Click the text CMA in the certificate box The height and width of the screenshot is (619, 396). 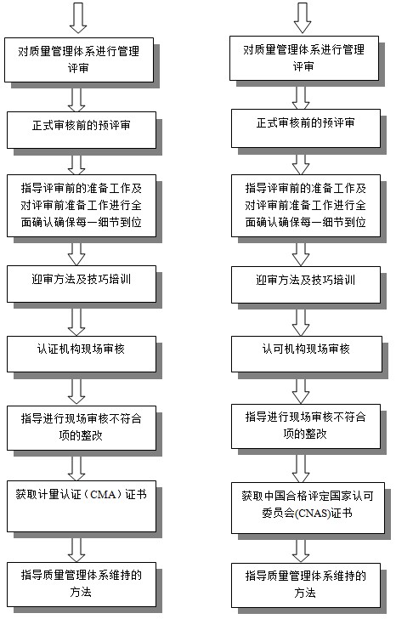pyautogui.click(x=103, y=494)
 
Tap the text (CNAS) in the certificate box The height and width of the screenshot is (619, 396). pyautogui.click(x=313, y=514)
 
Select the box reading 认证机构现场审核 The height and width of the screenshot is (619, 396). pyautogui.click(x=82, y=354)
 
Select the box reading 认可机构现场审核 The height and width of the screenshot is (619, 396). pyautogui.click(x=307, y=354)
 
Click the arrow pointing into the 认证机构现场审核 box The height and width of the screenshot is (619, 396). pyautogui.click(x=76, y=322)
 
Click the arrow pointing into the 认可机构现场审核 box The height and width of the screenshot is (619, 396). pyautogui.click(x=301, y=322)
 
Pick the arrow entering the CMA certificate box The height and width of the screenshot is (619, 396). pyautogui.click(x=76, y=469)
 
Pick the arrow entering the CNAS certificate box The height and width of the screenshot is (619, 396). pyautogui.click(x=301, y=469)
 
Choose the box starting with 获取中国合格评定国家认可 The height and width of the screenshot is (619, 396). pyautogui.click(x=308, y=508)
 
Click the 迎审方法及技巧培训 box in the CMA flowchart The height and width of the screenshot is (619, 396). pyautogui.click(x=82, y=284)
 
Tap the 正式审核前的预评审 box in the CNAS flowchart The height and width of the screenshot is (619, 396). pyautogui.click(x=306, y=128)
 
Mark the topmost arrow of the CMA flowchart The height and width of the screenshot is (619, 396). pyautogui.click(x=78, y=18)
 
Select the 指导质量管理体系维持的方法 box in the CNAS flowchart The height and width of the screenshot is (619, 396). pyautogui.click(x=306, y=586)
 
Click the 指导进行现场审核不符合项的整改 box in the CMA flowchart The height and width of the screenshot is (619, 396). pyautogui.click(x=82, y=428)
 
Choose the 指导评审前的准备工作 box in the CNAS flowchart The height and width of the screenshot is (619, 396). pyautogui.click(x=306, y=206)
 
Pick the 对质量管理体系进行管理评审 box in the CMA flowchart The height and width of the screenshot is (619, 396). pyautogui.click(x=79, y=60)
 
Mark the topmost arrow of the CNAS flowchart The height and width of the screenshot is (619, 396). pyautogui.click(x=303, y=18)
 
